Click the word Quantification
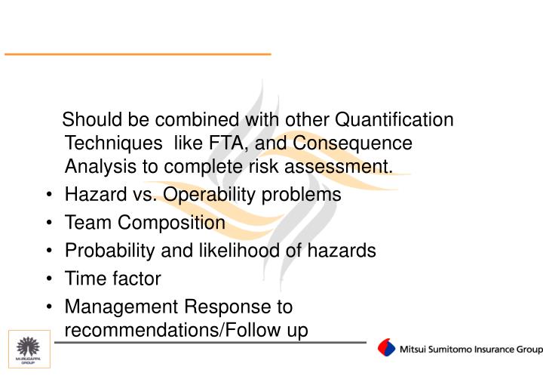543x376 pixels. (394, 120)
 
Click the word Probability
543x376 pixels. (109, 251)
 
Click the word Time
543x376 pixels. (84, 279)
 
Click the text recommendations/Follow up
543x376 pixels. (186, 331)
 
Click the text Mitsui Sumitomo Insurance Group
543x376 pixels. (471, 350)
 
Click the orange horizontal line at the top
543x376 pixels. (137, 54)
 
